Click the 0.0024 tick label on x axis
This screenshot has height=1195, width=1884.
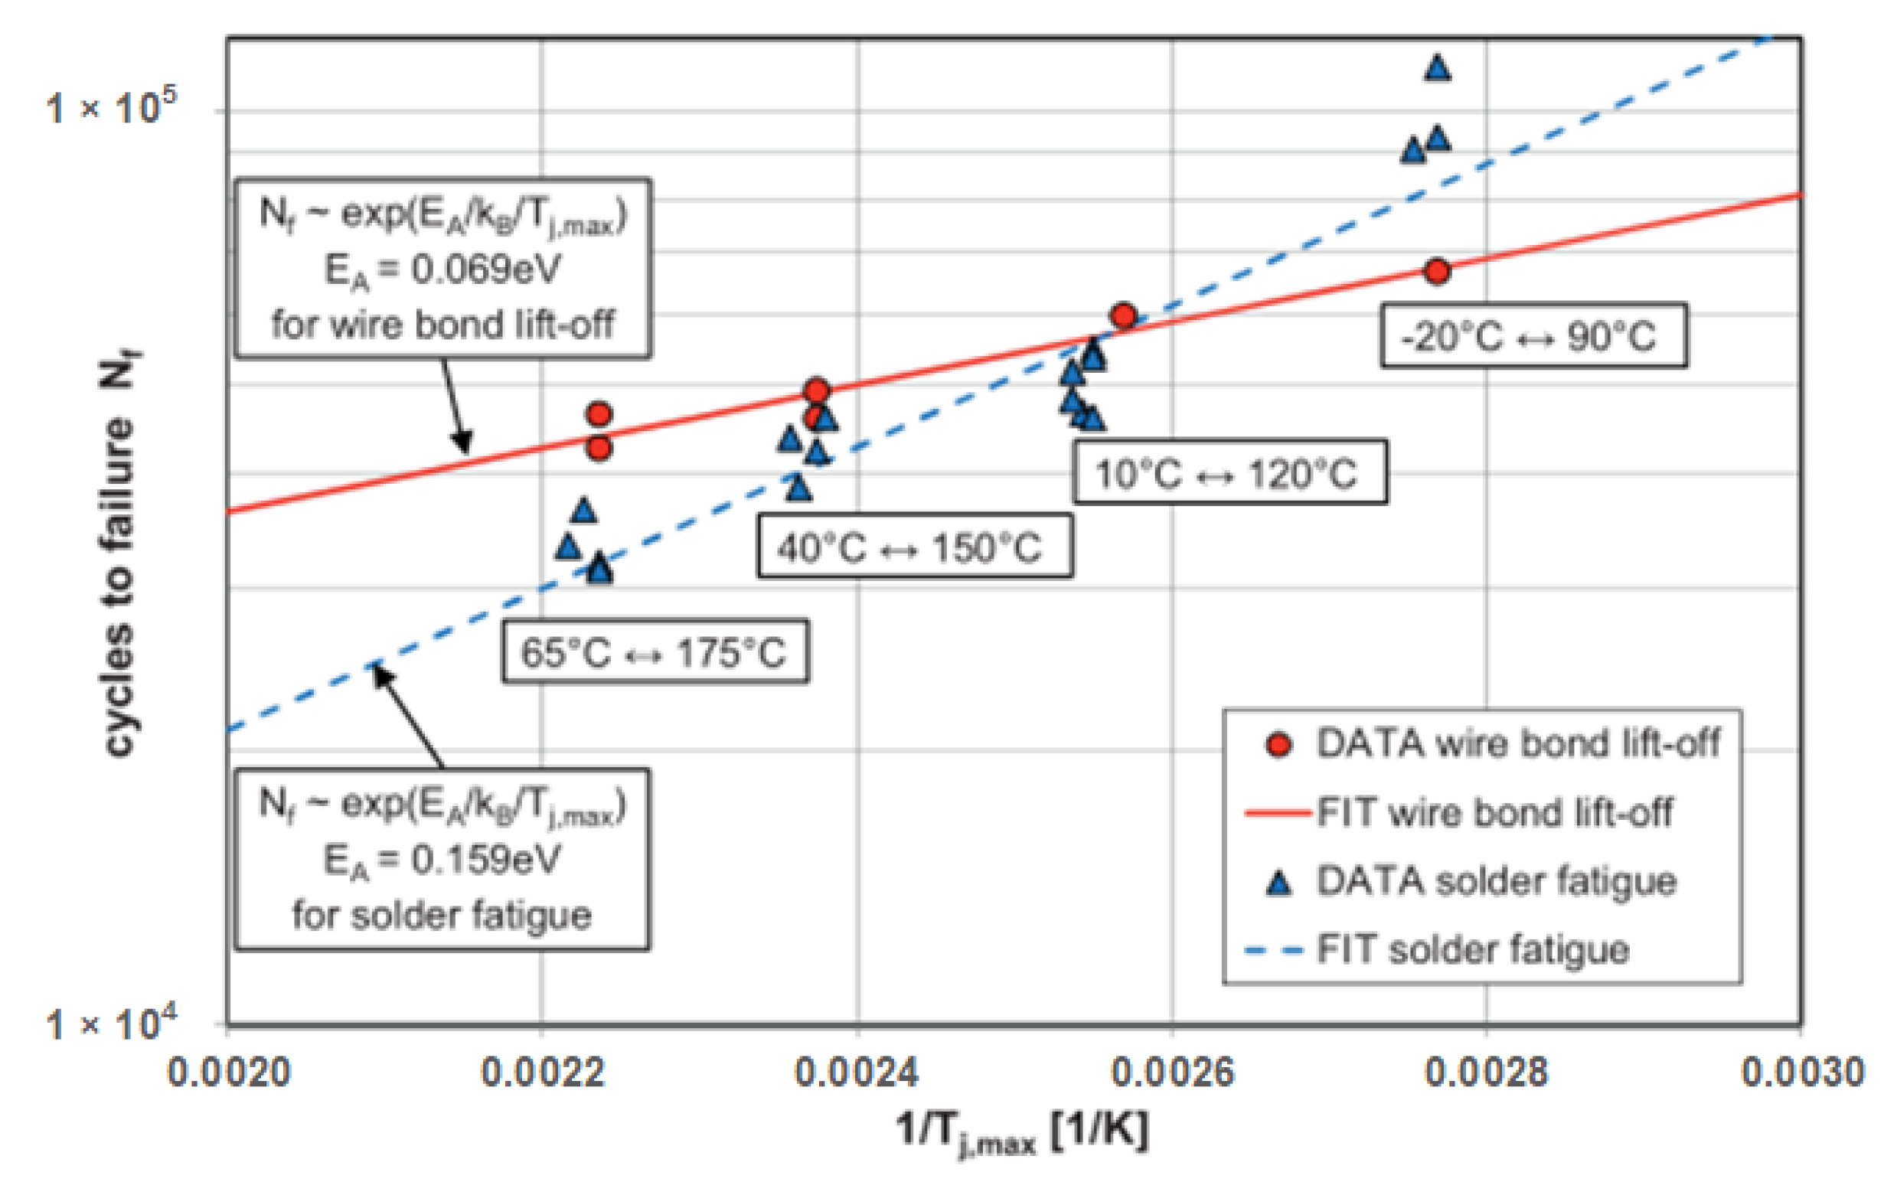(x=857, y=1071)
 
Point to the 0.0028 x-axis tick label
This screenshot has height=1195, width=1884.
(x=1486, y=1071)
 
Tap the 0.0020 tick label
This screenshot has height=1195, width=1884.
(x=228, y=1071)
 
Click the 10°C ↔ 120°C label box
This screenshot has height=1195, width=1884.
(x=1229, y=472)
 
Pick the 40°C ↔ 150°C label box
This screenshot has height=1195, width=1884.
(x=914, y=547)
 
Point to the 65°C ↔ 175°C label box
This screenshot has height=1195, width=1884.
(x=655, y=652)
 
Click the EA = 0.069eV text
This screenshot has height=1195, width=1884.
(x=442, y=271)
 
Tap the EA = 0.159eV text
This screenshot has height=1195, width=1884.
(x=442, y=860)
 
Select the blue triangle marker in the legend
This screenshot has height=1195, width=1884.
(x=1278, y=883)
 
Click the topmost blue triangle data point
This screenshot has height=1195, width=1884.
(x=1437, y=69)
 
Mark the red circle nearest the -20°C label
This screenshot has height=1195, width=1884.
(x=1436, y=271)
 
